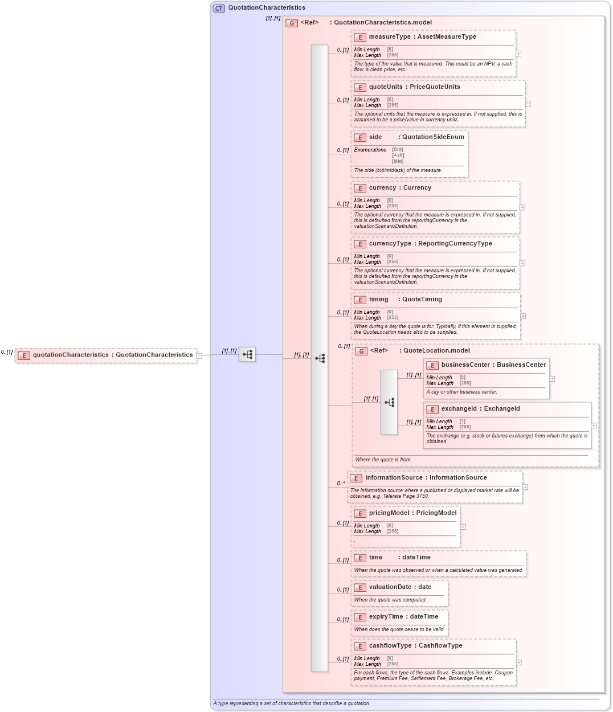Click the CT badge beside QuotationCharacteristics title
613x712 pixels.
click(219, 8)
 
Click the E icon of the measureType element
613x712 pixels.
click(359, 37)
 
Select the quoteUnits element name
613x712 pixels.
click(386, 87)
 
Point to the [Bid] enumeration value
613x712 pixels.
click(397, 149)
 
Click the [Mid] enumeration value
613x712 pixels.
click(397, 161)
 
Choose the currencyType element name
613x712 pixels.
click(390, 244)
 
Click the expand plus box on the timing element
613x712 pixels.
click(523, 316)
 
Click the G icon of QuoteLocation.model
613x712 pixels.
click(361, 351)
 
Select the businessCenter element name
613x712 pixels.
click(465, 365)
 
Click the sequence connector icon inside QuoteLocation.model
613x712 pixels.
click(389, 402)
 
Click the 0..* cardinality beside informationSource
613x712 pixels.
click(341, 484)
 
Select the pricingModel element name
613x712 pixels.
click(389, 513)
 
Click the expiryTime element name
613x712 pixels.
click(386, 617)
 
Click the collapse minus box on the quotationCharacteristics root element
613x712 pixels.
click(199, 355)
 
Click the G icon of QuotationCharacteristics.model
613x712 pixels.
click(292, 23)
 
